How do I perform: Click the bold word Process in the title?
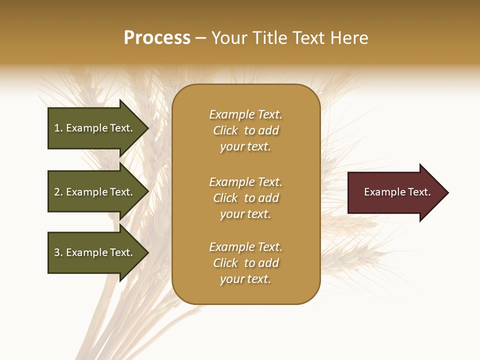tap(157, 38)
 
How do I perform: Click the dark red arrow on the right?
tap(395, 192)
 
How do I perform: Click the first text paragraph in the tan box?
tap(245, 130)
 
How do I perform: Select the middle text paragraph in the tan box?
tap(245, 198)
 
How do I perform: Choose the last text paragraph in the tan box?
tap(245, 263)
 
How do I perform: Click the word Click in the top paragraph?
tap(225, 130)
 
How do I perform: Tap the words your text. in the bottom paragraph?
tap(245, 279)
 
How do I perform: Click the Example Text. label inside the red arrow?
tap(397, 192)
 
